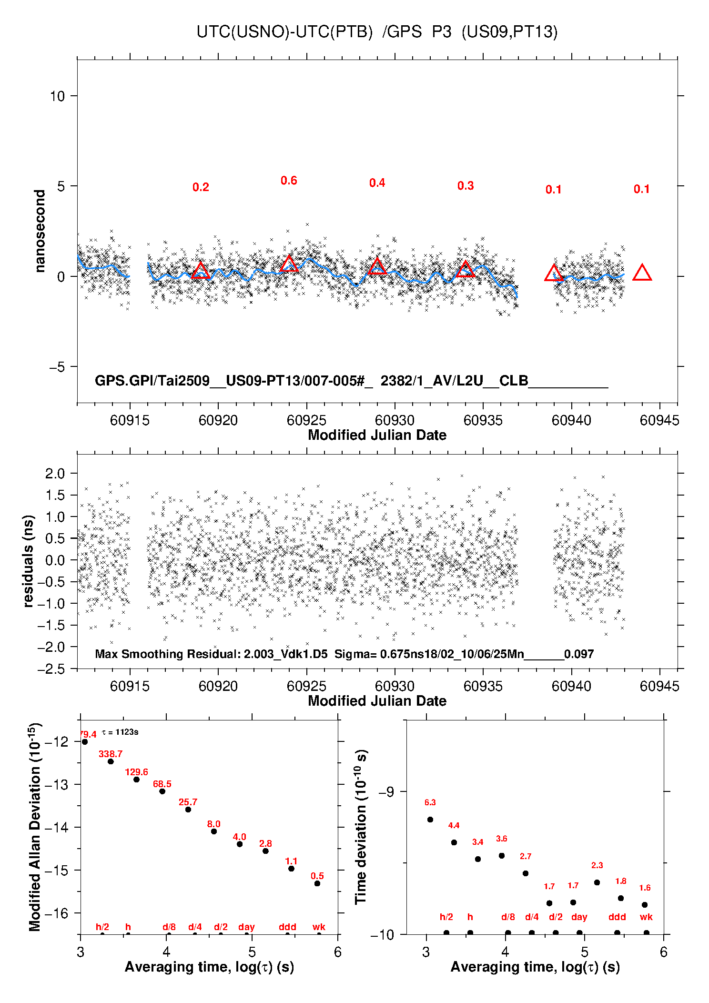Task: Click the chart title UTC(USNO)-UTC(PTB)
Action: (284, 32)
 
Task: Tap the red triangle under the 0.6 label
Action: (289, 264)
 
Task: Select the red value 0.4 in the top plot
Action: (377, 183)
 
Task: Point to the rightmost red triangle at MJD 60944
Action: (642, 273)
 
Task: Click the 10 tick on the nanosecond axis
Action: (57, 96)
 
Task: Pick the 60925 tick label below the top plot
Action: (306, 420)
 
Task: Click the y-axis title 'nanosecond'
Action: (40, 231)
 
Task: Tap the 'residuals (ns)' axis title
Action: (29, 561)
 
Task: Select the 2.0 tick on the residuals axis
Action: (55, 473)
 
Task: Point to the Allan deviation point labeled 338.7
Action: (111, 761)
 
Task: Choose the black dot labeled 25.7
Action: (188, 810)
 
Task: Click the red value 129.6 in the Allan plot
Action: (136, 772)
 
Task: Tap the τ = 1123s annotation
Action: (120, 732)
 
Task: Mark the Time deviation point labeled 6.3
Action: (430, 820)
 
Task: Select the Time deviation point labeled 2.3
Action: (597, 882)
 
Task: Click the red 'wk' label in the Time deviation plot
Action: (646, 917)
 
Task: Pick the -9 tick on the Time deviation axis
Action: (386, 792)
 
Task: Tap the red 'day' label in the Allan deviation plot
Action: (246, 927)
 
